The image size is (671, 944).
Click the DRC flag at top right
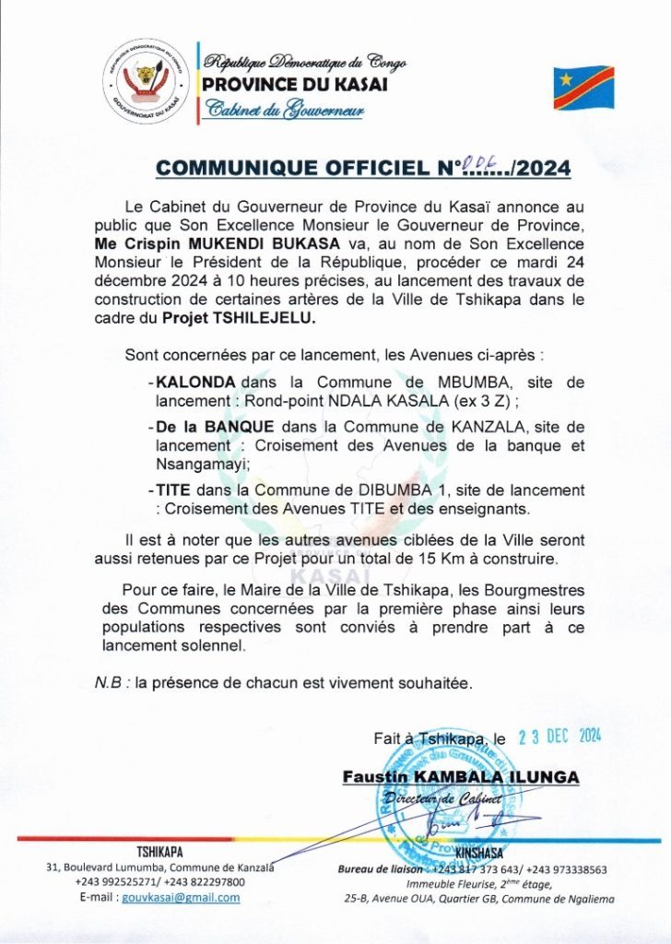583,88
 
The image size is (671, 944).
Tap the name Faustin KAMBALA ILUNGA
460,777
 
